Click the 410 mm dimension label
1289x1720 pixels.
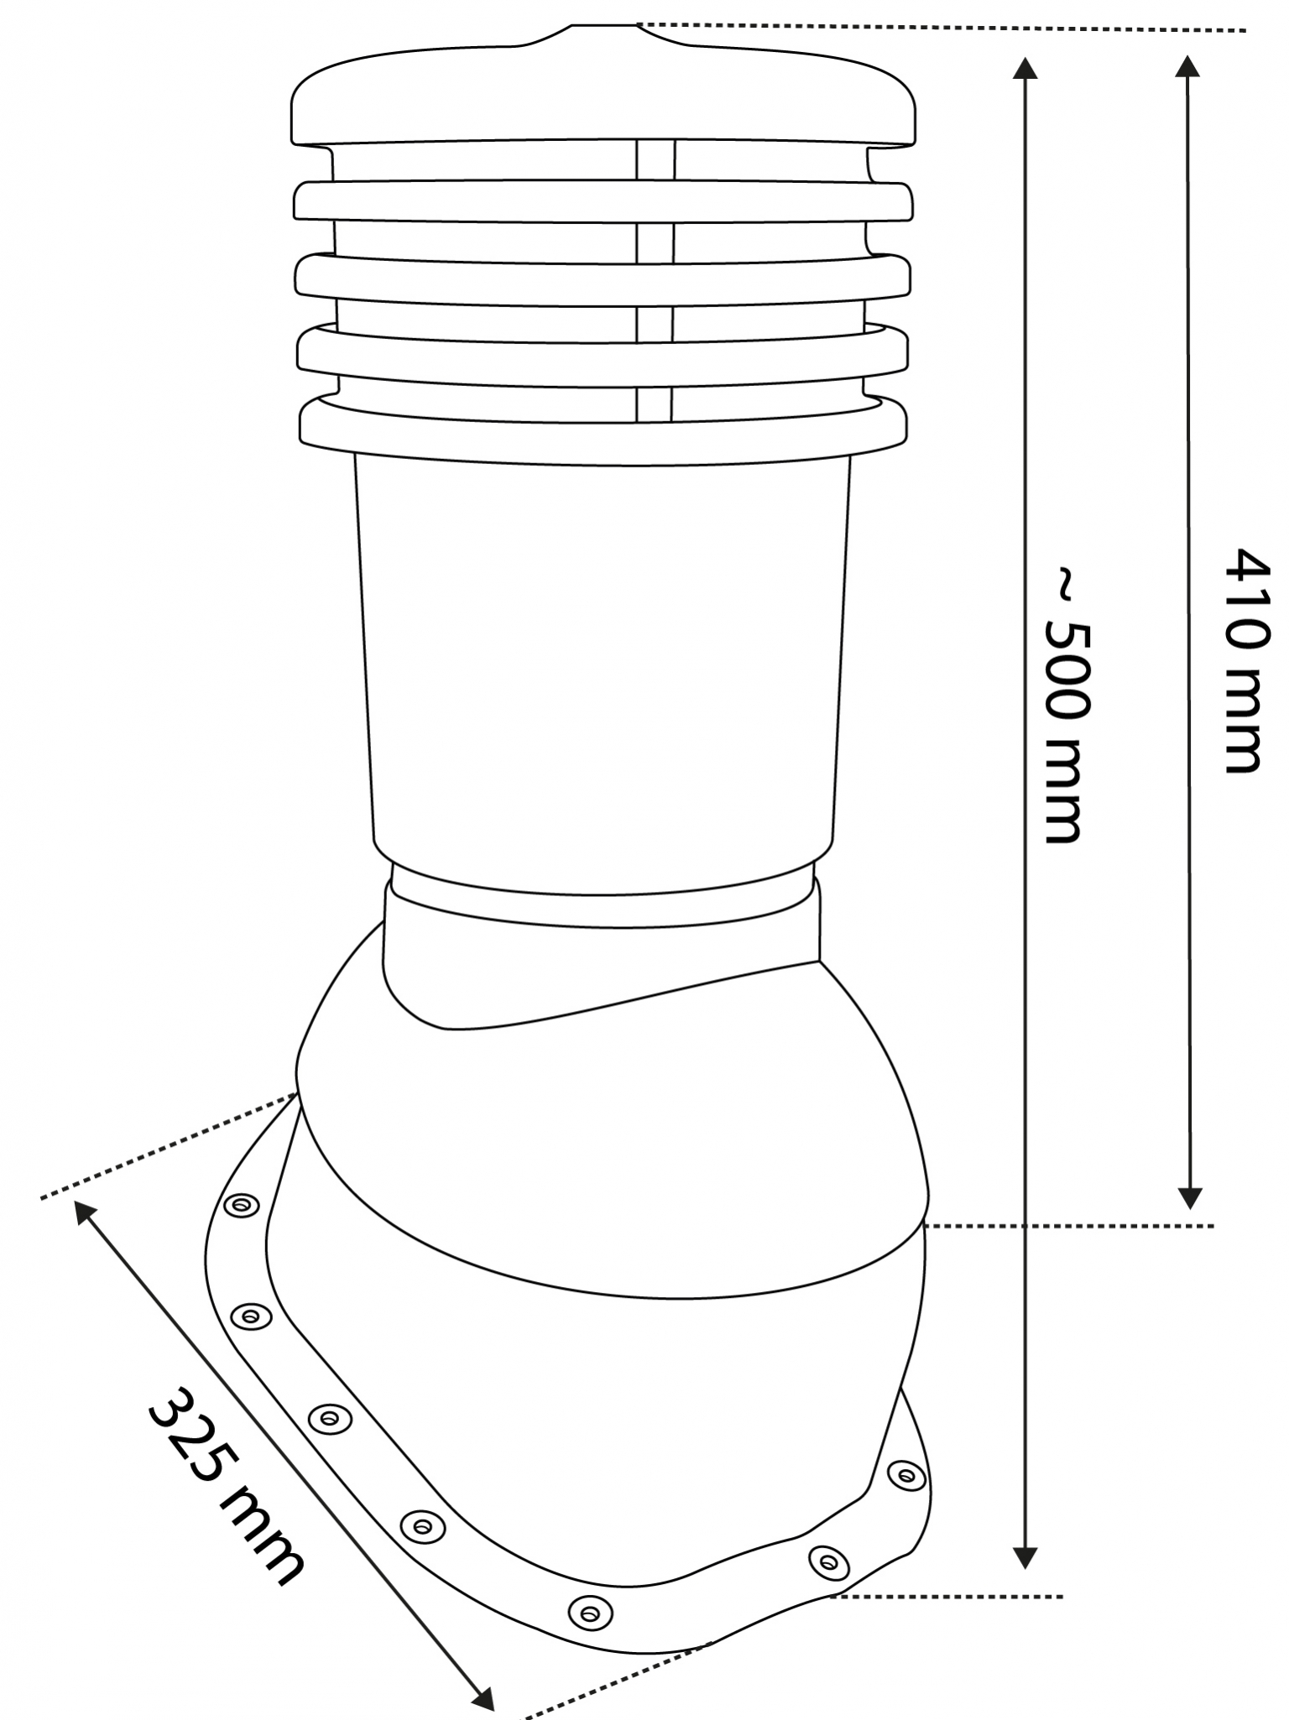(x=1244, y=661)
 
